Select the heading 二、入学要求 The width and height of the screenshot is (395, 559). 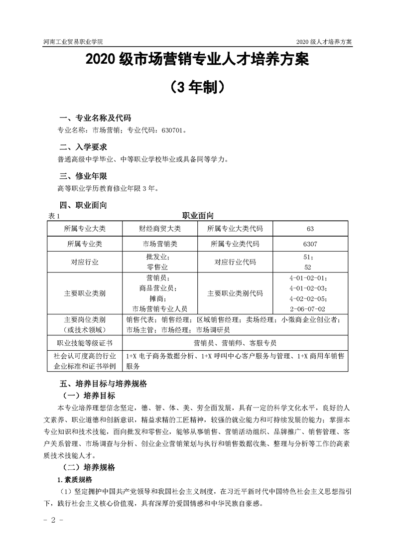pyautogui.click(x=83, y=147)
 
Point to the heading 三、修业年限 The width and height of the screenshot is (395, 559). pyautogui.click(x=83, y=176)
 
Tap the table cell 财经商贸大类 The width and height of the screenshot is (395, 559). pyautogui.click(x=160, y=229)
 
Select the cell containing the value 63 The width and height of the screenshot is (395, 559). pyautogui.click(x=310, y=229)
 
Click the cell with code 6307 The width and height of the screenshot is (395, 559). pyautogui.click(x=310, y=245)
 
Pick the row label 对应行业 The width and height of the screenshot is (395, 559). pyautogui.click(x=85, y=262)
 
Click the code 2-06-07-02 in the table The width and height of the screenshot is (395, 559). pyautogui.click(x=311, y=308)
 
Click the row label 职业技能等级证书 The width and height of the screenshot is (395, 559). pyautogui.click(x=85, y=343)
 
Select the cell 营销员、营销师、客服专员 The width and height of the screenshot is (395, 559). pyautogui.click(x=235, y=343)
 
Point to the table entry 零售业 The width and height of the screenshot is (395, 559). pyautogui.click(x=160, y=267)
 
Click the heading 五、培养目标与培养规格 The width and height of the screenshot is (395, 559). pyautogui.click(x=104, y=385)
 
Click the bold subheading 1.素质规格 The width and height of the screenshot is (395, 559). pyautogui.click(x=75, y=480)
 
